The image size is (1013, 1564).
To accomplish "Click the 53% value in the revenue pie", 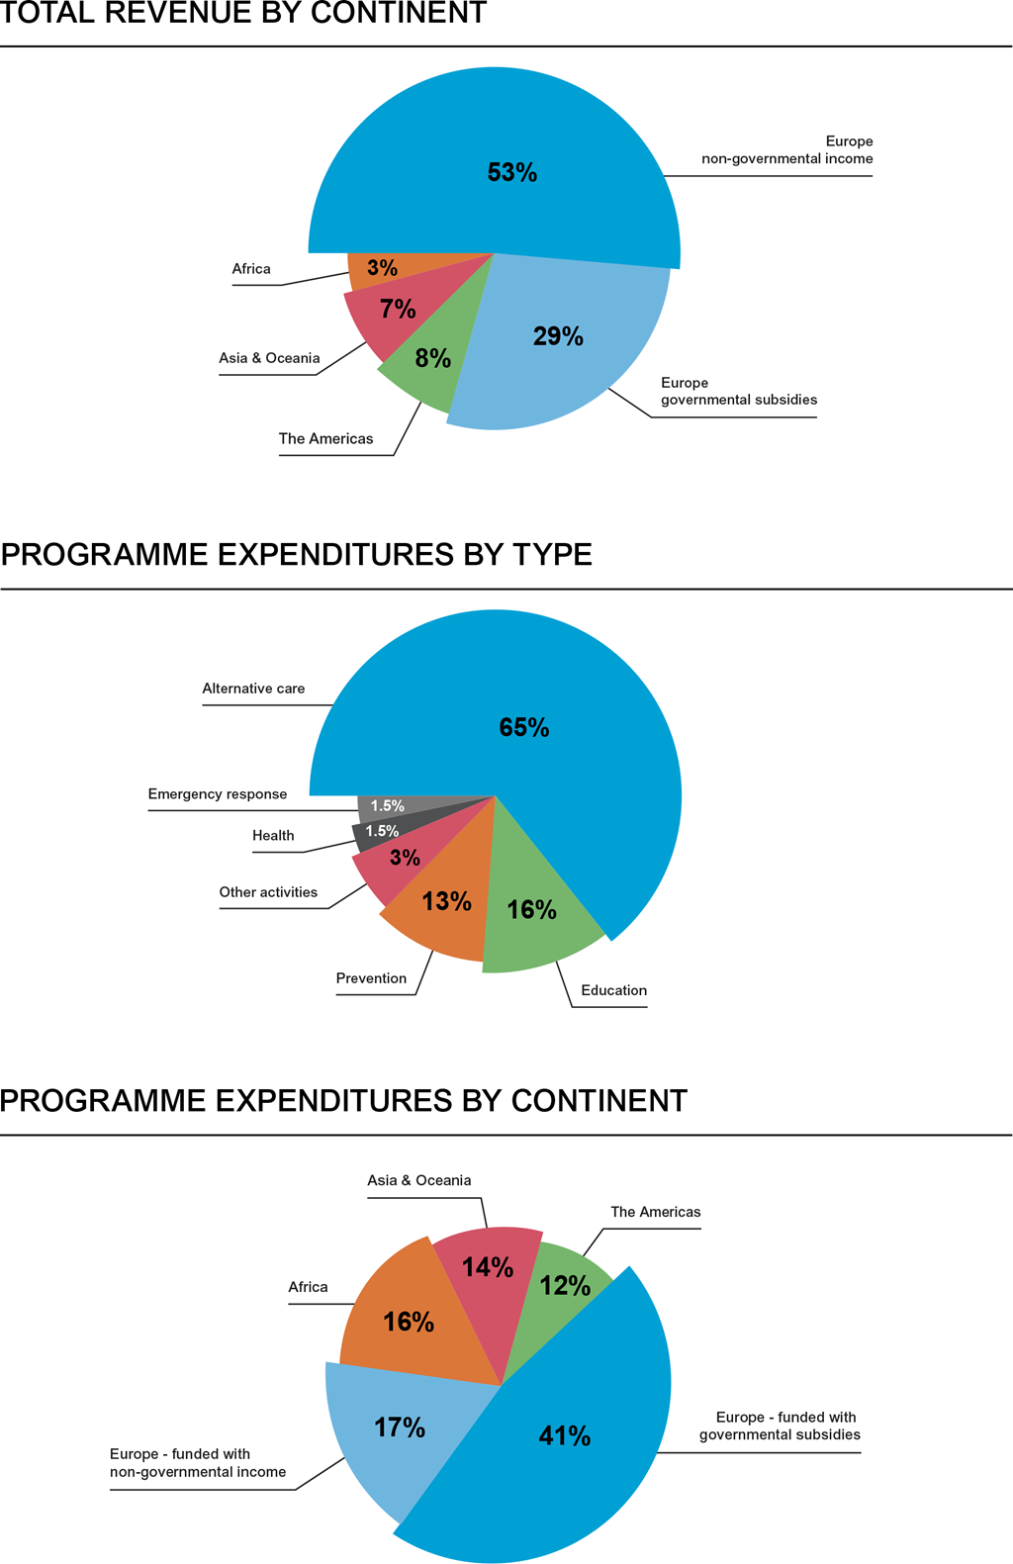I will pos(512,173).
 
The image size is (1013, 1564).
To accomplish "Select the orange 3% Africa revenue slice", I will pos(382,268).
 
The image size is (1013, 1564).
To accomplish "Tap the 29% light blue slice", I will pos(558,337).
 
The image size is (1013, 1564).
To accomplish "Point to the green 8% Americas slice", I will pos(432,359).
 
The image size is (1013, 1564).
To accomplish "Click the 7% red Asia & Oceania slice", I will pos(398,310).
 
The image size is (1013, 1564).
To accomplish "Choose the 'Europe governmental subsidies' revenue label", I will pos(738,391).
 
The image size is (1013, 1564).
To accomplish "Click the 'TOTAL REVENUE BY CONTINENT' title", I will pos(244,14).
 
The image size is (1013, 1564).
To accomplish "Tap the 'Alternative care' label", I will pos(253,689).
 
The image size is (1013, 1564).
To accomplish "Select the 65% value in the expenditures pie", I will pos(523,728).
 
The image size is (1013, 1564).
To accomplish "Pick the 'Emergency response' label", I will pos(218,793).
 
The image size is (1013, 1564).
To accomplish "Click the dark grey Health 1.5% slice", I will pos(382,831).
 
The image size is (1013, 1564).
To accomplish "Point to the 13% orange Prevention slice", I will pos(446,902).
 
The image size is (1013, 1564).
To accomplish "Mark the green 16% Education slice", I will pos(531,910).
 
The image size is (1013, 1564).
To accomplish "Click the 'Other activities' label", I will pos(268,892).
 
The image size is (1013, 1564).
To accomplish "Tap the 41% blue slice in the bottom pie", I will pos(564,1436).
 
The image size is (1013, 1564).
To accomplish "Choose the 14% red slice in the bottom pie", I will pos(488,1267).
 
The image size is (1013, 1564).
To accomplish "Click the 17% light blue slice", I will pos(400,1427).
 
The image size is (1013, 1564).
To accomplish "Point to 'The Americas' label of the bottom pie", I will pos(655,1212).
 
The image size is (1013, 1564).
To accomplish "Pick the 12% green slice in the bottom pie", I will pos(565,1286).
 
